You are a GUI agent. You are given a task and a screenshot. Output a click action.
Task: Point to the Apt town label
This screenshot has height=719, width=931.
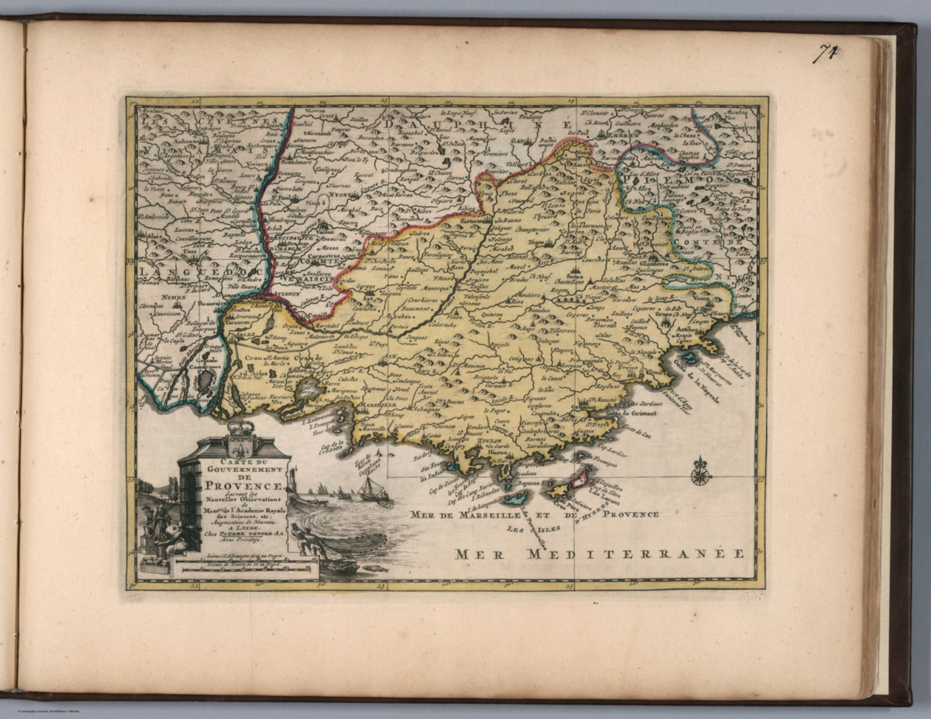tap(367, 298)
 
